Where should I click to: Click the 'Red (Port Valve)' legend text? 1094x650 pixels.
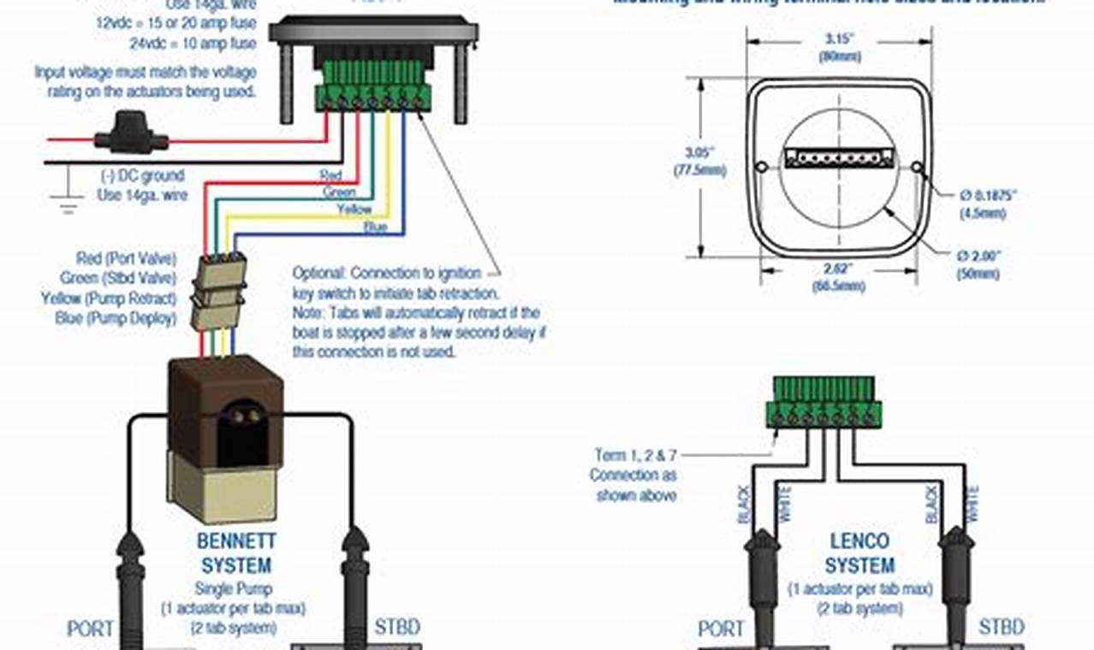coord(125,258)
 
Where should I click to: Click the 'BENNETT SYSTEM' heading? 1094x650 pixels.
coord(235,552)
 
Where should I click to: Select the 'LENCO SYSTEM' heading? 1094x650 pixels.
coord(859,552)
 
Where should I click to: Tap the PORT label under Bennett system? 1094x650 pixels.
coord(90,629)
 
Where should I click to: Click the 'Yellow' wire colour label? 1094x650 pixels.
coord(353,210)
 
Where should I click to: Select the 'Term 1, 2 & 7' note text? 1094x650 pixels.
coord(634,455)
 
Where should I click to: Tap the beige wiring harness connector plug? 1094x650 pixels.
coord(219,291)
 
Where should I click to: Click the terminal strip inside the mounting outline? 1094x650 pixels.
coord(838,158)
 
